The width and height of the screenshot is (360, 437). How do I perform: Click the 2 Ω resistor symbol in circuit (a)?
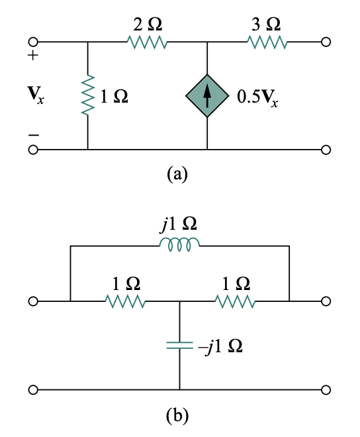(147, 42)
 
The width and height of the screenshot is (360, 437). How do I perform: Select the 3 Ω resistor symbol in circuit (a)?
(267, 42)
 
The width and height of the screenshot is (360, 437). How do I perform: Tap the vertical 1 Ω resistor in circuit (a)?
(87, 97)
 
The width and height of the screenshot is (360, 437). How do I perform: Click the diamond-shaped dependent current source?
(207, 97)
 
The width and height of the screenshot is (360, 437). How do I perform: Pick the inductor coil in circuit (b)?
(179, 246)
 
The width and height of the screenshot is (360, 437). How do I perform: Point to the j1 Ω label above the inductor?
(178, 225)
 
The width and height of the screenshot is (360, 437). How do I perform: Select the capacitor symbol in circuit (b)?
(179, 345)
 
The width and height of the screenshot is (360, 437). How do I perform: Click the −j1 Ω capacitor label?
(220, 346)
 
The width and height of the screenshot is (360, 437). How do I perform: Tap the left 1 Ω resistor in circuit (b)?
(125, 302)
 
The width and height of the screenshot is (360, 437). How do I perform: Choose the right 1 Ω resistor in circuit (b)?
(235, 302)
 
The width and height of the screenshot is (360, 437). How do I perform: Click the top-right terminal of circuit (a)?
(324, 42)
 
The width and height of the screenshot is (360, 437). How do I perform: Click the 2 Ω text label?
(147, 24)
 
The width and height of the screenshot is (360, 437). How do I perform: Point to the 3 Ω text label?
(266, 24)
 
